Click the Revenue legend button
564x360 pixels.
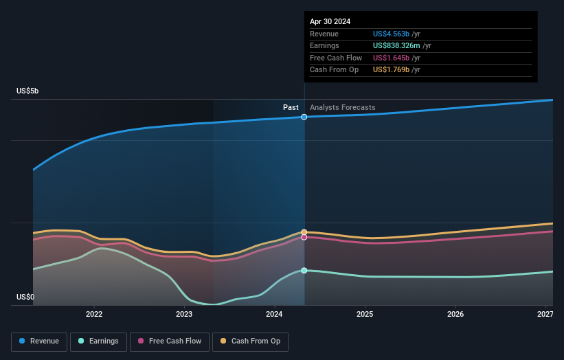point(39,341)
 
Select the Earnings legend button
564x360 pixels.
point(98,341)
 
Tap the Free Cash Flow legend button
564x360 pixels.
point(169,341)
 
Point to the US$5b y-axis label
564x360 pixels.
point(28,91)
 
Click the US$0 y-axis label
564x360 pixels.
point(25,297)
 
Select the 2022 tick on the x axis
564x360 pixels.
point(94,314)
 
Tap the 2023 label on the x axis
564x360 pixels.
point(184,314)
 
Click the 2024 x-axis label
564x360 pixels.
point(275,314)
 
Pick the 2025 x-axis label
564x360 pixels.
point(365,314)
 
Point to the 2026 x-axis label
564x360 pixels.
point(455,314)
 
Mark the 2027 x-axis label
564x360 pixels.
point(545,314)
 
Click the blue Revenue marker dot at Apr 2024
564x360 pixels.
point(304,117)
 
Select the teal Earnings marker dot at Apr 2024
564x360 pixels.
point(304,270)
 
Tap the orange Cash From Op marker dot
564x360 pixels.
point(304,232)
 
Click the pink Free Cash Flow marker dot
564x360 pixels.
point(304,237)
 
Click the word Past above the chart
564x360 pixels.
point(291,107)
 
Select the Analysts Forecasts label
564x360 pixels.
point(342,107)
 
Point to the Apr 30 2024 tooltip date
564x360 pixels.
point(330,21)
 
